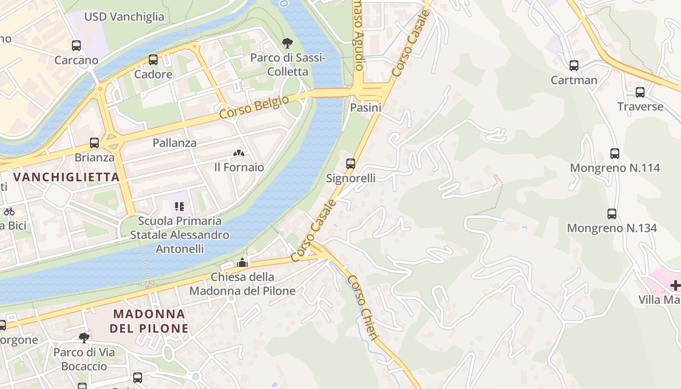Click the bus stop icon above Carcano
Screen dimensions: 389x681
(76, 46)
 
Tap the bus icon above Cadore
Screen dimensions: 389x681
(153, 60)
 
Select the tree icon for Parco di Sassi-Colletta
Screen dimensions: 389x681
(287, 43)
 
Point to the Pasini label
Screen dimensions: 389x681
(366, 107)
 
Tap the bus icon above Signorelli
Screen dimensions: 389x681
(351, 164)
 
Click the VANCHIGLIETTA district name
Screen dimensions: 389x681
(67, 177)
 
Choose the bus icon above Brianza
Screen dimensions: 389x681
(94, 143)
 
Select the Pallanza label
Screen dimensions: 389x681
(175, 143)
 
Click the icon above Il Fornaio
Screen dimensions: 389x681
(238, 153)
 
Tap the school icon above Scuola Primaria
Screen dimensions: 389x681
(179, 207)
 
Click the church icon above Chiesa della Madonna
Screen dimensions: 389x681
(242, 263)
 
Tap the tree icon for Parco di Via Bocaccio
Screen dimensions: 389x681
(84, 337)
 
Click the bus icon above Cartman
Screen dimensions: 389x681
(574, 66)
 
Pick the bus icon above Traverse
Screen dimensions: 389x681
(640, 92)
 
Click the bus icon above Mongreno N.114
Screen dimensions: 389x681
(615, 154)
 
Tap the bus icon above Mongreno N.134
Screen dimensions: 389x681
(612, 214)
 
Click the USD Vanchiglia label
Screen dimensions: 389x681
(125, 17)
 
